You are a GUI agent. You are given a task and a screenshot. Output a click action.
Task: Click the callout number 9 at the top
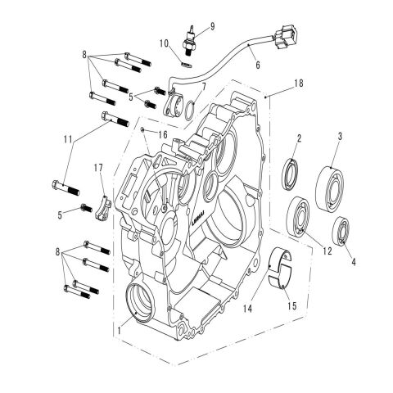(x=211, y=26)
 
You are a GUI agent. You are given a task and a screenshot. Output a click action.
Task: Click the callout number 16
(x=163, y=133)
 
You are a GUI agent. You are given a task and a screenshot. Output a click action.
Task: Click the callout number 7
(x=203, y=86)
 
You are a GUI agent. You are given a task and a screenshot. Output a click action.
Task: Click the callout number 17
(x=99, y=168)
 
